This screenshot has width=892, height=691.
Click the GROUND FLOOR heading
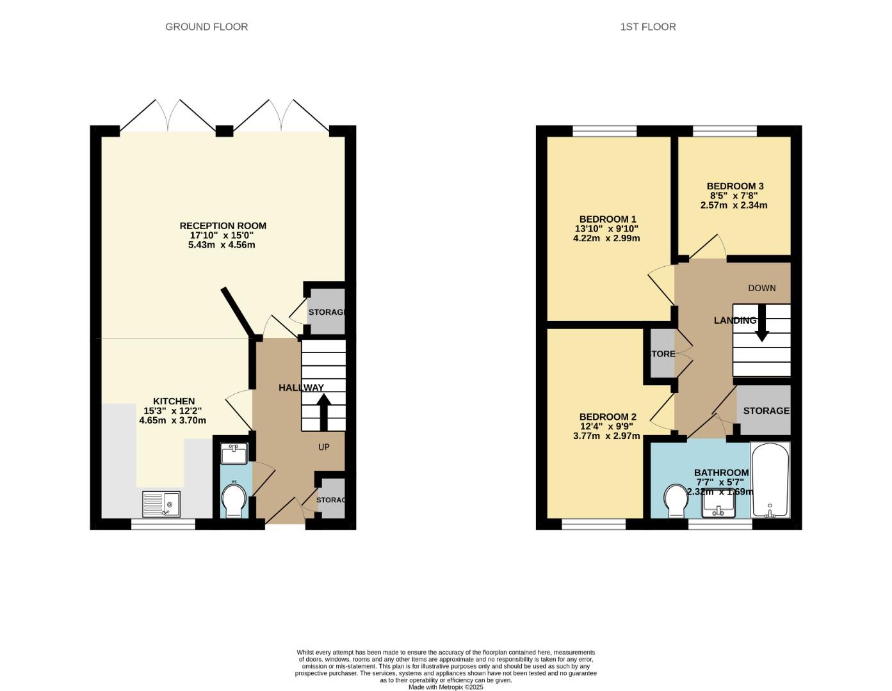206,27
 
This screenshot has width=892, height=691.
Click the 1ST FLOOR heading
647,27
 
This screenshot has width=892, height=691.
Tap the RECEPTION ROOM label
222,226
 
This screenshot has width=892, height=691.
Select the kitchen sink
161,504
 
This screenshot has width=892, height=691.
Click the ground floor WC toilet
233,500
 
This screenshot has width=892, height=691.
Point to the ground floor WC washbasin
233,454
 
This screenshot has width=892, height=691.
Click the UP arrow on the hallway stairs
323,411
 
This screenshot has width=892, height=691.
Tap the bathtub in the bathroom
770,480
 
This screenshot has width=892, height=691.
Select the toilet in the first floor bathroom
675,500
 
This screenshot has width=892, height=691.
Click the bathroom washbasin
718,507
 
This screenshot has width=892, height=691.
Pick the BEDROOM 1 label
607,219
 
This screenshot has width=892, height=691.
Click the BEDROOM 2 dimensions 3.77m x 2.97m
606,436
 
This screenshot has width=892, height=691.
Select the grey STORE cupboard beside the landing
662,354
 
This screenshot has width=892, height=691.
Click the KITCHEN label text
173,401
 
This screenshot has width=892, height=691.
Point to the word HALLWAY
301,388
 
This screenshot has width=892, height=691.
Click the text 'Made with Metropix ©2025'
446,687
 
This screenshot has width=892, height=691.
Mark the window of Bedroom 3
724,131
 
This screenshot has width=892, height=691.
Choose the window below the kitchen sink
163,525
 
